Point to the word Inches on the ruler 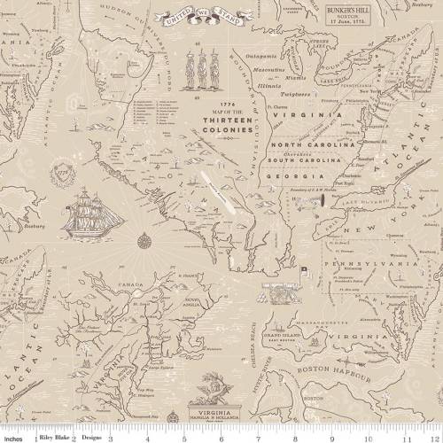[12, 438]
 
